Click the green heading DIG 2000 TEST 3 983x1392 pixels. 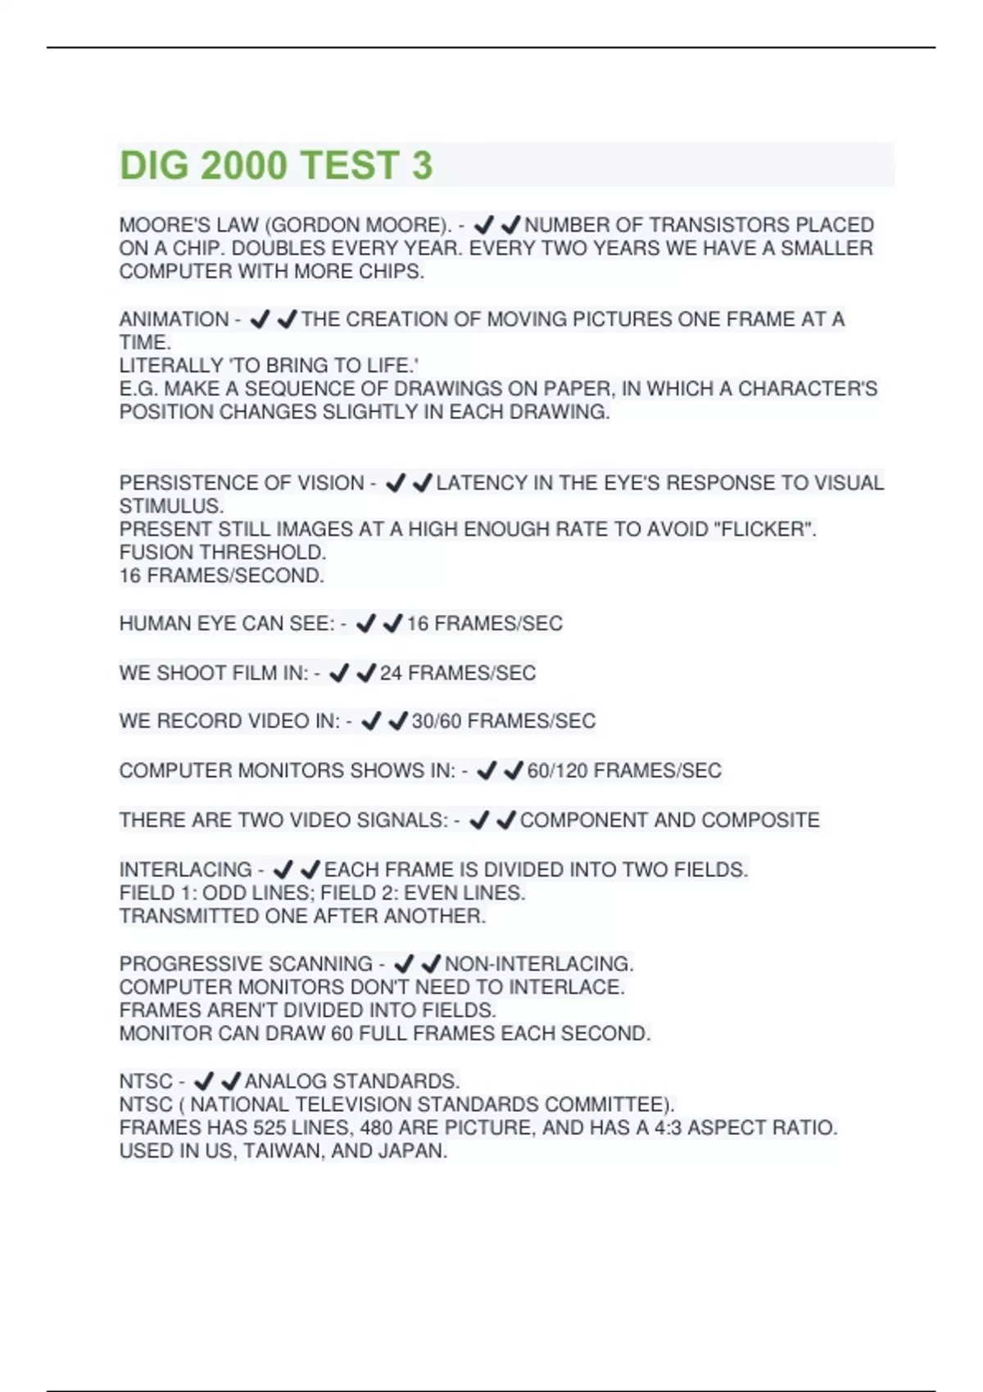(x=276, y=165)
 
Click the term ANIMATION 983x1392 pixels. (x=174, y=319)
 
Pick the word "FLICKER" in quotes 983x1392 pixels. (x=765, y=530)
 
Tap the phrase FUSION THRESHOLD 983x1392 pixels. (x=222, y=553)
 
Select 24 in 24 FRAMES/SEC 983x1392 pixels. (x=391, y=673)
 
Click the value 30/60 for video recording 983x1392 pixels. (x=436, y=721)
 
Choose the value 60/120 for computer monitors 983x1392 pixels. (x=556, y=771)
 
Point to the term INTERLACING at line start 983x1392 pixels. (x=185, y=870)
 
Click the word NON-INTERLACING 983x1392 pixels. (x=539, y=964)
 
